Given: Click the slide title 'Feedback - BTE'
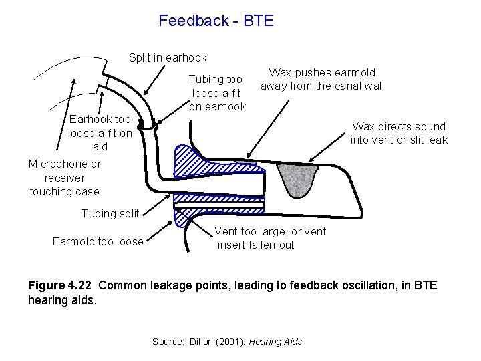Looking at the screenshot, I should point(216,21).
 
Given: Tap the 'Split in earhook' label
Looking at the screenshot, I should point(168,58).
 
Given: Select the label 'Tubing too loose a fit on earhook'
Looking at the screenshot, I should point(217,93).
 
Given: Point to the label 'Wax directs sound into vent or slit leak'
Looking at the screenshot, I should point(399,133).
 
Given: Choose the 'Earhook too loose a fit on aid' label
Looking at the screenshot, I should point(100,132).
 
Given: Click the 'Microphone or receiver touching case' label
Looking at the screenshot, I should point(64,177).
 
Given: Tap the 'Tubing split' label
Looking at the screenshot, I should point(110,214).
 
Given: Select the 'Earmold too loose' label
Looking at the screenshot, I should point(98,241).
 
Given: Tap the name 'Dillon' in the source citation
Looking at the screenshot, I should point(198,342).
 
